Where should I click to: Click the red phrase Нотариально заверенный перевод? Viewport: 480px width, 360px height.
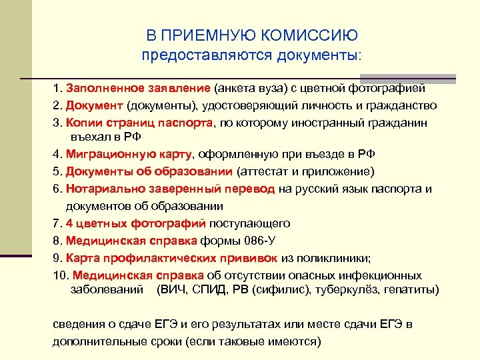(x=170, y=189)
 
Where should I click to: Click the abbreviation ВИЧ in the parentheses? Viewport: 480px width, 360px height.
(x=173, y=289)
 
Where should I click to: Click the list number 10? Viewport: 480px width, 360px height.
(x=59, y=275)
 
